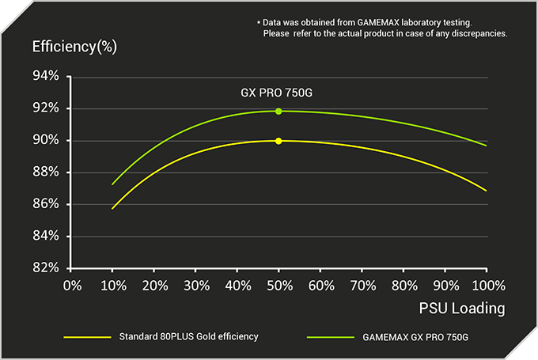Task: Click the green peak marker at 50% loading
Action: (x=278, y=111)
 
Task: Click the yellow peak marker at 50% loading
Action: (x=278, y=141)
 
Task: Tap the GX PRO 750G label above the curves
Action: (x=278, y=93)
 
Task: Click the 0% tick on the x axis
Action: (x=72, y=284)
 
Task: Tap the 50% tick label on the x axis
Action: (x=278, y=284)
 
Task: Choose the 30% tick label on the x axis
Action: (x=195, y=284)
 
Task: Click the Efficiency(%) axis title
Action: (x=74, y=46)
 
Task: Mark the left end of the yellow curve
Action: (x=112, y=208)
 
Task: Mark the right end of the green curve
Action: (x=486, y=145)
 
